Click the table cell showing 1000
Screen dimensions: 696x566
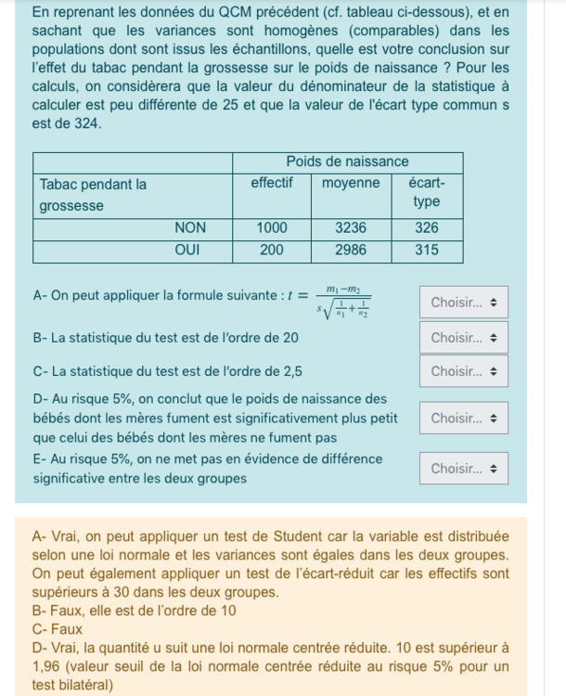271,227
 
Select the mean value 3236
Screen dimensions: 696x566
351,227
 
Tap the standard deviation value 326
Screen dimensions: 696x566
426,227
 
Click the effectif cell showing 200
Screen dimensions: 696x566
271,251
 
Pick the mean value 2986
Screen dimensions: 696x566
351,251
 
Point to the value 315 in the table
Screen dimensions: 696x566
426,251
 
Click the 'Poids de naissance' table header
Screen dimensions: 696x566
347,161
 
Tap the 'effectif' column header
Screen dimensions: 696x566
271,184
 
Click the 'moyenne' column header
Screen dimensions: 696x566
351,184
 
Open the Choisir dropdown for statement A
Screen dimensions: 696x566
463,303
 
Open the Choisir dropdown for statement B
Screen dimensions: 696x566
463,338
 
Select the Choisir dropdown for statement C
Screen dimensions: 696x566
463,371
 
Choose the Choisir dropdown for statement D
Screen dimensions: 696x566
463,419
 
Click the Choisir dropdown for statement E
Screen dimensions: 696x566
463,469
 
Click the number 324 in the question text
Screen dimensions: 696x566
87,123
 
